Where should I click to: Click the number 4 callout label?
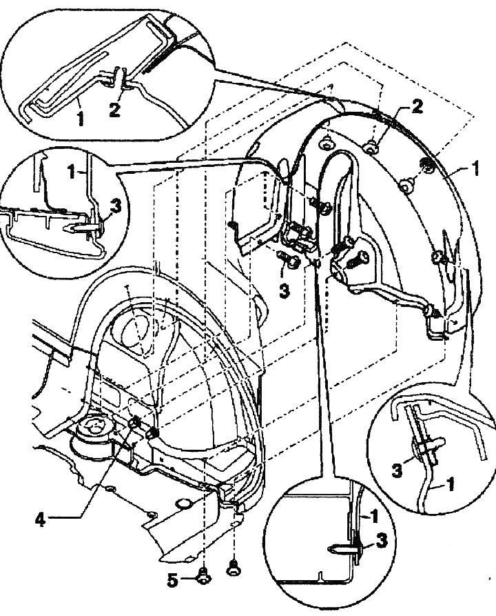[40, 520]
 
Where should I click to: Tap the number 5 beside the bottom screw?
[172, 580]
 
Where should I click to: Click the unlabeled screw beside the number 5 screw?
[234, 566]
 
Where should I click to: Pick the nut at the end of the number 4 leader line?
[136, 423]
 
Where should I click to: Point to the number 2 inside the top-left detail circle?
[114, 109]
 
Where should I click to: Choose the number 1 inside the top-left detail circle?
[81, 118]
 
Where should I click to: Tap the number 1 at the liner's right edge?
[475, 169]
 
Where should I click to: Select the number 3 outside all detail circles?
[284, 290]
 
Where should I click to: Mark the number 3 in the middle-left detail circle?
[116, 206]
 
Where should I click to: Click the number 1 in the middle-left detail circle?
[71, 172]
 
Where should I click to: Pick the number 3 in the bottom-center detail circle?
[382, 540]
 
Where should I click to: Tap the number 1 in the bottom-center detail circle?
[374, 516]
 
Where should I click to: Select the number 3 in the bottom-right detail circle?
[397, 470]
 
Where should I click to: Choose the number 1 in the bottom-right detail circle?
[451, 484]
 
